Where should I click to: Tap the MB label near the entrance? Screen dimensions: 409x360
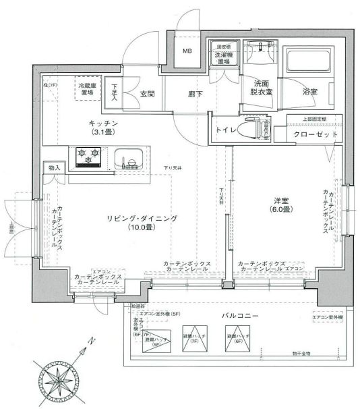coord(188,51)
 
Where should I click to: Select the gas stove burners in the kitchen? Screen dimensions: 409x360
coord(88,158)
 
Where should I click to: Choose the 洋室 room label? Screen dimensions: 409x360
coord(281,200)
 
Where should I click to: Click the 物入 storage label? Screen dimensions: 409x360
coord(54,167)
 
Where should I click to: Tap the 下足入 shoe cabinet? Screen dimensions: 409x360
coord(115,92)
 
